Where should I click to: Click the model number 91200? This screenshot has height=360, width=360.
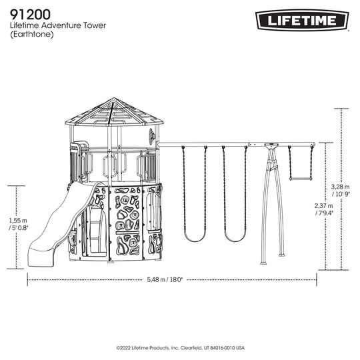click(x=30, y=15)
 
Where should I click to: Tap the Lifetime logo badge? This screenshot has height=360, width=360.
click(x=302, y=20)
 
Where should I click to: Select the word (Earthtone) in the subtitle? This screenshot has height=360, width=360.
click(x=32, y=35)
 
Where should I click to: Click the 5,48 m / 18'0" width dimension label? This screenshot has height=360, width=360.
click(x=165, y=279)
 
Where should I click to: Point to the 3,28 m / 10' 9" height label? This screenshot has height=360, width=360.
click(x=341, y=190)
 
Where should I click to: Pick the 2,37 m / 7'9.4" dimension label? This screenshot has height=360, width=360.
click(x=324, y=209)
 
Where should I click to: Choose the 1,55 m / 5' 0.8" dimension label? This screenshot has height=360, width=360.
click(x=18, y=224)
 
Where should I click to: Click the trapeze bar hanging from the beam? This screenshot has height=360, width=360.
click(x=301, y=179)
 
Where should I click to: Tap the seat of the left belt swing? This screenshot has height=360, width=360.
click(x=195, y=239)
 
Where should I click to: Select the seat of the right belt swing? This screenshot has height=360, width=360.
click(x=235, y=239)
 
